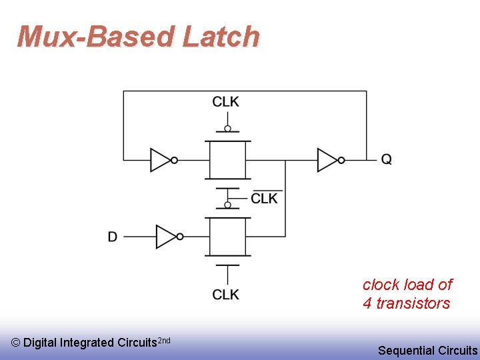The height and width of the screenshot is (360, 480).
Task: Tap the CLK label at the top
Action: click(x=226, y=102)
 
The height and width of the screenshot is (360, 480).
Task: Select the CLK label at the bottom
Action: click(x=226, y=295)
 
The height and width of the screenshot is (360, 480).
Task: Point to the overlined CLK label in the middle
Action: click(x=265, y=199)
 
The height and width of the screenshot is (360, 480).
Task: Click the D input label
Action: click(x=113, y=237)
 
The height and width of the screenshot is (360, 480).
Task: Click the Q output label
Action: click(x=386, y=159)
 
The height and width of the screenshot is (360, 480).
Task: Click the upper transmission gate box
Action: click(x=228, y=160)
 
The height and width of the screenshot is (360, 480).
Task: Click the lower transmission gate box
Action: click(x=228, y=237)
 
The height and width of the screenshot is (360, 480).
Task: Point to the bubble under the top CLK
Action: click(x=228, y=129)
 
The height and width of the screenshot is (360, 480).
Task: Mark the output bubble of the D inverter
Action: click(x=180, y=237)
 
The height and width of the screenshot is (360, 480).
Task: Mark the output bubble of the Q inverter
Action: click(x=342, y=160)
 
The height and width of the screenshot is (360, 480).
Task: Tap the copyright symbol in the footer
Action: click(x=15, y=343)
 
